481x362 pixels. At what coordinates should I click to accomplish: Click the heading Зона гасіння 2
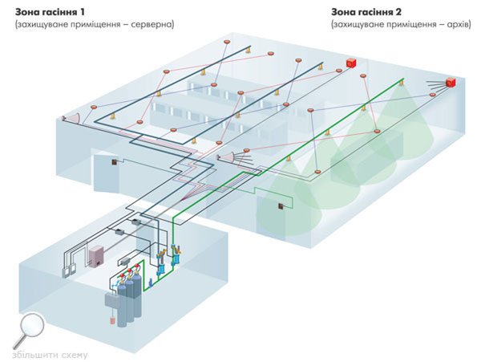365,12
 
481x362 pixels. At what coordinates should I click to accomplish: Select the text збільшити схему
50,355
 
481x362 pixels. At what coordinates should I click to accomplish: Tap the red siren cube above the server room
350,63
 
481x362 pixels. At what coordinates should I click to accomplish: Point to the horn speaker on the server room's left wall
71,119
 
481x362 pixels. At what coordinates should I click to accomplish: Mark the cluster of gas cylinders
127,301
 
